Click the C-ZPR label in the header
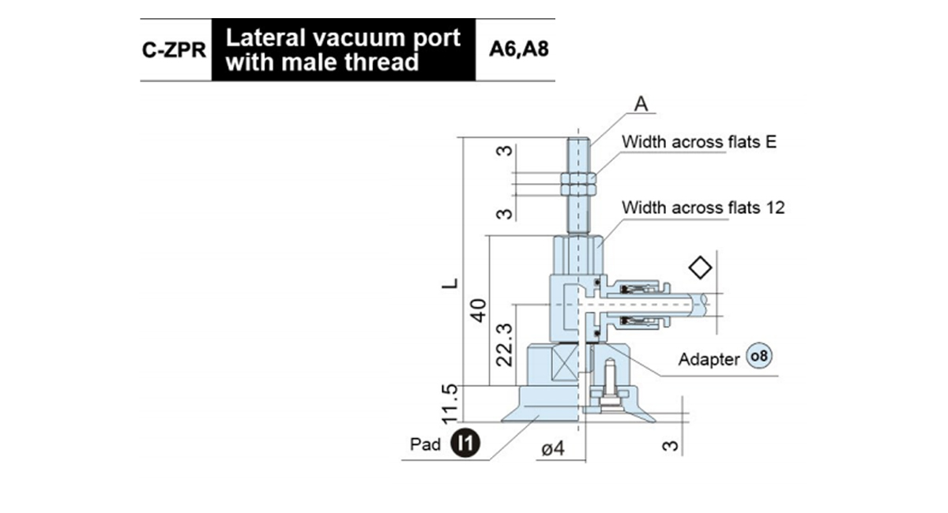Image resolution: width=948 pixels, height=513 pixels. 174,50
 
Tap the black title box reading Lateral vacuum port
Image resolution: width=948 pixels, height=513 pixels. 343,50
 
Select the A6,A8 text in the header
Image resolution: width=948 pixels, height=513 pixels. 519,49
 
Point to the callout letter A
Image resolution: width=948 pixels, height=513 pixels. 641,103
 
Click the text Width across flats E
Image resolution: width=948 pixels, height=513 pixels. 699,142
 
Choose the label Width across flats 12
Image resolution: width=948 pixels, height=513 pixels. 703,208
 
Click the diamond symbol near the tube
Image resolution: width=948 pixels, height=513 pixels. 701,268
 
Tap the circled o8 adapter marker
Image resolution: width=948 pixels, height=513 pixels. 759,356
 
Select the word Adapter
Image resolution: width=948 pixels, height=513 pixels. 709,359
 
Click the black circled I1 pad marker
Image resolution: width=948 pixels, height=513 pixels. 465,443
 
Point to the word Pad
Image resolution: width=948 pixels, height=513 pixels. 425,444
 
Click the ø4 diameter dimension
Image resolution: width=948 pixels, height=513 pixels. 553,448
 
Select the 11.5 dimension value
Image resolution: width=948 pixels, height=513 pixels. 449,403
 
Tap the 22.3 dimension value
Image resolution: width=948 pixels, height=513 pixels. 504,345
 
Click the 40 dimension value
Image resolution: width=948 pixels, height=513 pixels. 479,310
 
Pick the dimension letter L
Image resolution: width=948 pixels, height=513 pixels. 450,283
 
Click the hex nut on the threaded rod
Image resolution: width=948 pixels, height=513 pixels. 578,184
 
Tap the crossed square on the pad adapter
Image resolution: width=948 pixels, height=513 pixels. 566,362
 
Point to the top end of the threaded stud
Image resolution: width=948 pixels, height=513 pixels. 578,137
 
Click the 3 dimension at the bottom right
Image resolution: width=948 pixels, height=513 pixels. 670,446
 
